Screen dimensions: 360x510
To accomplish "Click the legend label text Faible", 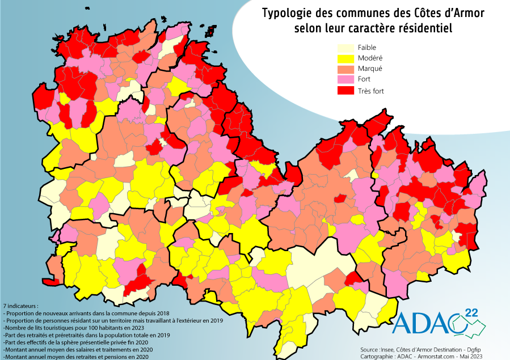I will click(x=367, y=48).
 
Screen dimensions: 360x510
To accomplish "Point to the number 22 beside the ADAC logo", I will click(x=471, y=312).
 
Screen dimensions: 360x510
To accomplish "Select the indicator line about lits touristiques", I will click(x=74, y=328).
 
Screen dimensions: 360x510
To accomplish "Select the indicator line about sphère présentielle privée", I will click(x=75, y=342).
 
